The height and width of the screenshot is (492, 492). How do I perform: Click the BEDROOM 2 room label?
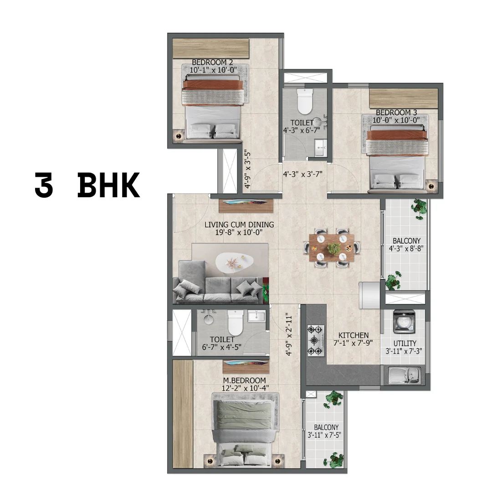[x=212, y=62]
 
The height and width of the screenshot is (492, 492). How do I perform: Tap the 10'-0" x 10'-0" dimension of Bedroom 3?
[x=396, y=120]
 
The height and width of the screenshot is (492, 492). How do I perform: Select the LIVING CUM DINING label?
[x=239, y=225]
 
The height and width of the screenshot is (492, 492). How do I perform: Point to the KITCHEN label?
[x=354, y=335]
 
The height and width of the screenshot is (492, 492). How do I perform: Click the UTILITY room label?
[x=405, y=343]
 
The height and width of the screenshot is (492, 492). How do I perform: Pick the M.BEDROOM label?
[x=245, y=380]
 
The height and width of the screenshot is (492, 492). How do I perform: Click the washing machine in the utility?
[x=404, y=321]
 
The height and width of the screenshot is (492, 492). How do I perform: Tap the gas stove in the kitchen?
[x=315, y=340]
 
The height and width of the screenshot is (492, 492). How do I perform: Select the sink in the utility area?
[x=405, y=375]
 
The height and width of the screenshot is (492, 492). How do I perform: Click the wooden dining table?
[x=331, y=248]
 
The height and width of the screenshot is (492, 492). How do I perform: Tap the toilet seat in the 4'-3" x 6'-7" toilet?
[x=304, y=101]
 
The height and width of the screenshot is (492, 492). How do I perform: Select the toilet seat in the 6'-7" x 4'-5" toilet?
[x=235, y=323]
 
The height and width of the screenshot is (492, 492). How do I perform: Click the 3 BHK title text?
[x=87, y=185]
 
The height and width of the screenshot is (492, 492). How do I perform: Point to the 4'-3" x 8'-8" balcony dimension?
[x=406, y=249]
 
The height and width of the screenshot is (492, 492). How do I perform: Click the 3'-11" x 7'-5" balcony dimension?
[x=324, y=435]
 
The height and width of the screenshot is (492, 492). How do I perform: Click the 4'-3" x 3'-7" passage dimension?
[x=302, y=174]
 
